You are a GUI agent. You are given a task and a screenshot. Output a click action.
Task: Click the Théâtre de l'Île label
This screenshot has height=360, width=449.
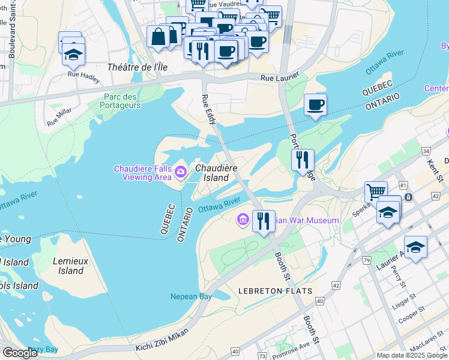click(136, 67)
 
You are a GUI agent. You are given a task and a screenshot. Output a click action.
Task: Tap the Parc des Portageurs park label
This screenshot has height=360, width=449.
click(122, 101)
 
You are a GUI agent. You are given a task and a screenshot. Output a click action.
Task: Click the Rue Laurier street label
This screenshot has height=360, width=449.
click(279, 77)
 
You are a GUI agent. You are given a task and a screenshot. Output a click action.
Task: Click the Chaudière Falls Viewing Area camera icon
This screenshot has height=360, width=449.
click(181, 173)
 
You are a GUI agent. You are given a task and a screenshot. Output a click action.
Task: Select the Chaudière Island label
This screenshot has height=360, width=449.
click(215, 173)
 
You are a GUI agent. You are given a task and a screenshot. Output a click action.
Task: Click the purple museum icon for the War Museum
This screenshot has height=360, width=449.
click(243, 220)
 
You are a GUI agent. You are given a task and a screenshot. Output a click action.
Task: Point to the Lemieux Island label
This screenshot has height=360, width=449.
click(71, 266)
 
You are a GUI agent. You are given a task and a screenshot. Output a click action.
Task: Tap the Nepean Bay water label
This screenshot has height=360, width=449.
click(191, 297)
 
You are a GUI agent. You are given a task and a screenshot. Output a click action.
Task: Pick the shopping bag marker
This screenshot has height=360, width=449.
click(157, 37)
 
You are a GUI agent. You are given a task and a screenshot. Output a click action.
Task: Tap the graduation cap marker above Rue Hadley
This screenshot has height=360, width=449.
click(73, 54)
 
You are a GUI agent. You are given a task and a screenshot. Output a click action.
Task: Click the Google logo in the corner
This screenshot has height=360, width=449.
click(20, 353)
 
